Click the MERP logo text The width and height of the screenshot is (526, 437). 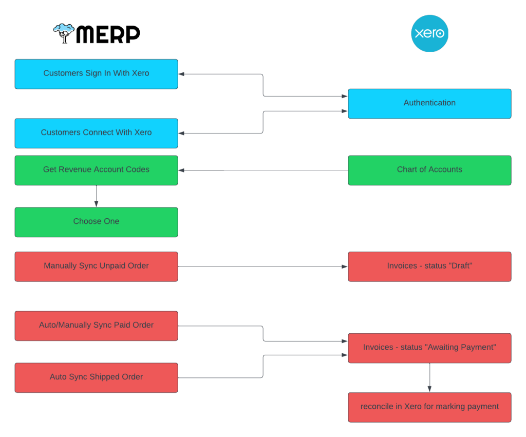point(108,34)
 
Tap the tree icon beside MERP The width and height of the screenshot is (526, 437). point(64,33)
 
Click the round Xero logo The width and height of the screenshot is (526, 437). point(429,33)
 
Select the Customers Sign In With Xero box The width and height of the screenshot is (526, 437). point(96,73)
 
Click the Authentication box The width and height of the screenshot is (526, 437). point(429,103)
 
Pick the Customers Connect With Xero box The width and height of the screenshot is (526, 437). point(96,133)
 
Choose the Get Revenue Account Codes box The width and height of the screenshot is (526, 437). point(96,170)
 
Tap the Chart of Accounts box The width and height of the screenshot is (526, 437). point(429,170)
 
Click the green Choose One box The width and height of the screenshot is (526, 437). point(96,222)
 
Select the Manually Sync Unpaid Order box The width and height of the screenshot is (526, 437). point(96,266)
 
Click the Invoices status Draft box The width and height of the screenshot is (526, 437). point(429,266)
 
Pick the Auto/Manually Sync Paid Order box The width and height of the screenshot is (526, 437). point(96,326)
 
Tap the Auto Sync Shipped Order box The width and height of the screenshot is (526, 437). point(96,377)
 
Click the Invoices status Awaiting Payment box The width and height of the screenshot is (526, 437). point(429,348)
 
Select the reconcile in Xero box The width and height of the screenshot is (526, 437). point(429,407)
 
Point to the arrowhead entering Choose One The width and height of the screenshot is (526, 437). point(96,204)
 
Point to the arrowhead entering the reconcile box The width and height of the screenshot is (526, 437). point(429,389)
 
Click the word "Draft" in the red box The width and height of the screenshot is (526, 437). point(461,266)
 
